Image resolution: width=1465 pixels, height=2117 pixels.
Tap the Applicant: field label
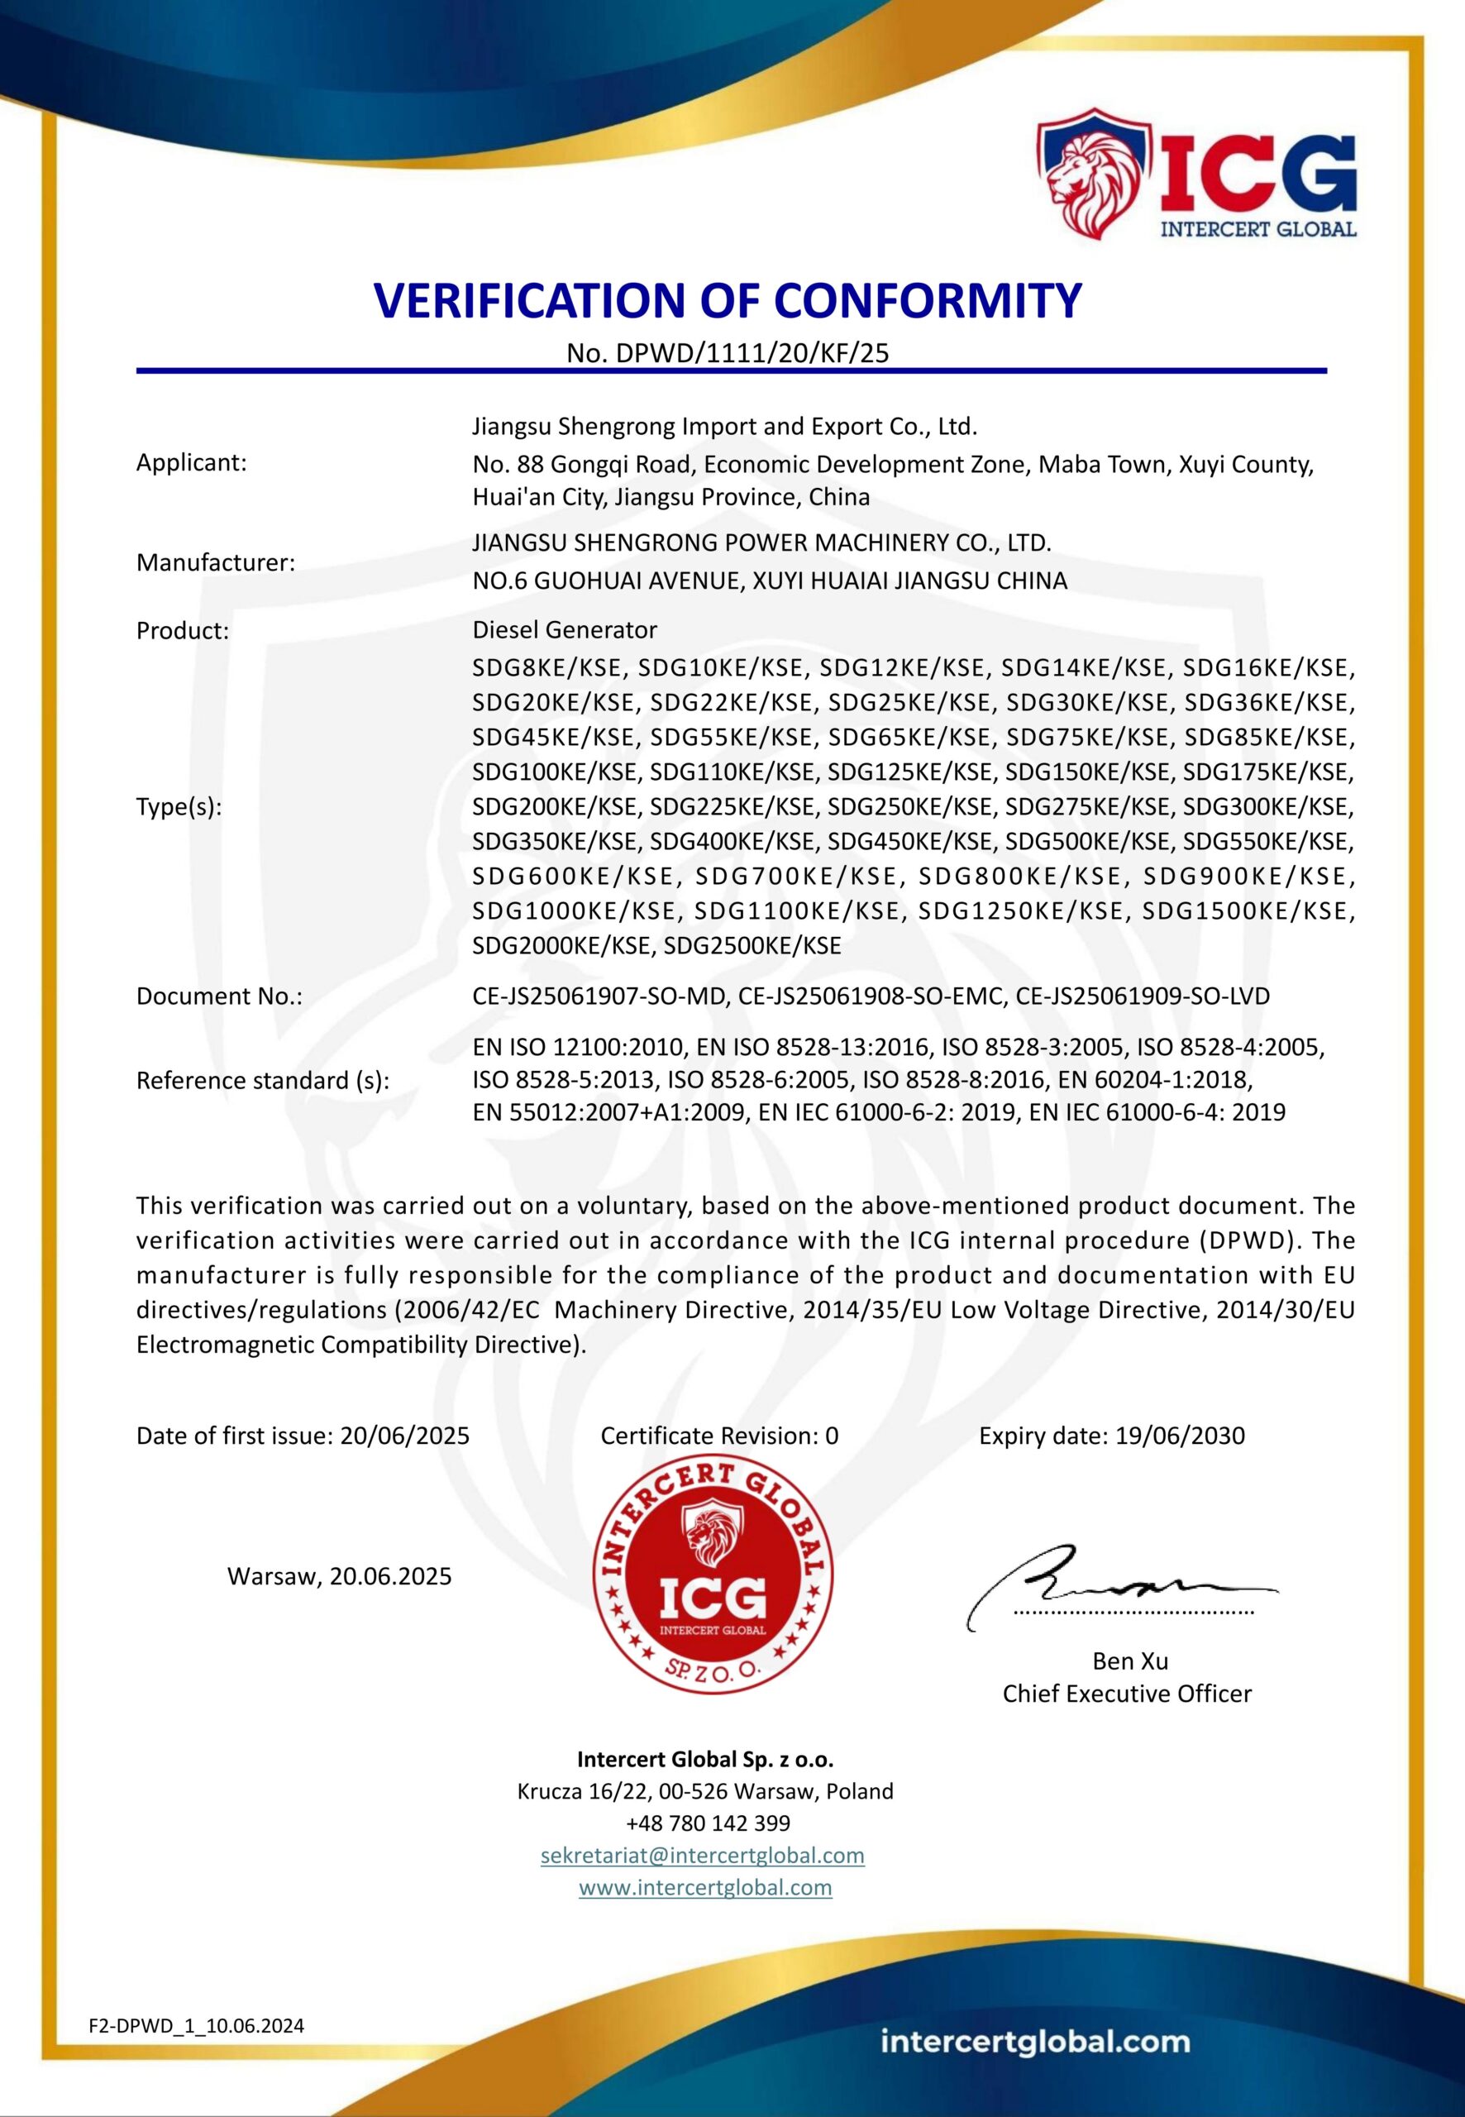(192, 463)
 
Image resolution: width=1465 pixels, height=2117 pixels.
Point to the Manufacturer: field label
(216, 563)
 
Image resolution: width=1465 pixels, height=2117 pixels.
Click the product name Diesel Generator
(565, 630)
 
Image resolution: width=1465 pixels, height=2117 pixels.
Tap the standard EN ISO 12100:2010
(577, 1047)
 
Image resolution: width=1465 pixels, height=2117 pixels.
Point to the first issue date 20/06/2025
(405, 1436)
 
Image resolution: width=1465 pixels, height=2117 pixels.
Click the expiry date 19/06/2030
(1180, 1436)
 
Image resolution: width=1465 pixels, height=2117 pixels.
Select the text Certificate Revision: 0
(718, 1436)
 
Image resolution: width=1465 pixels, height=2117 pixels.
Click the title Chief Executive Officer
(1126, 1694)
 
